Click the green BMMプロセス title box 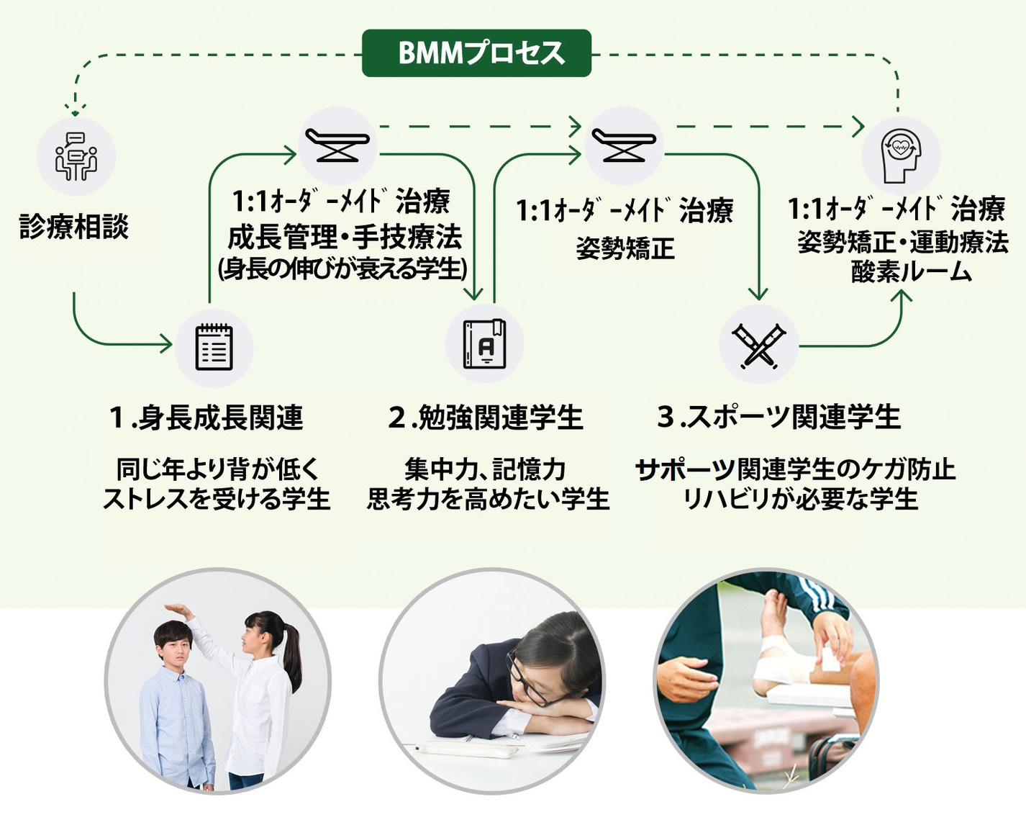(476, 53)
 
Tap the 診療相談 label (74, 227)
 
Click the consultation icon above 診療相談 (76, 156)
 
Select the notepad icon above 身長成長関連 (214, 348)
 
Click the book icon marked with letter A (484, 344)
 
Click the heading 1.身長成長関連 (206, 418)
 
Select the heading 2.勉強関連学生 (486, 418)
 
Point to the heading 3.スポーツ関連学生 (778, 417)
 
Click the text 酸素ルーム (911, 272)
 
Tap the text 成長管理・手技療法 (344, 236)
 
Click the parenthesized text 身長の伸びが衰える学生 (342, 269)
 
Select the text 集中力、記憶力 (485, 469)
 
